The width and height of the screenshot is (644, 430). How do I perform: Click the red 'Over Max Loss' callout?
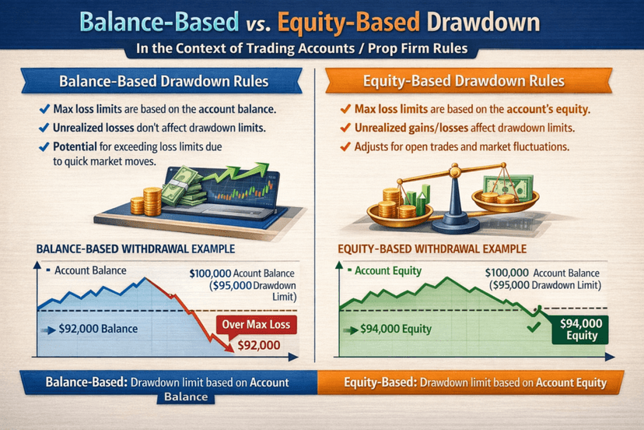(x=256, y=325)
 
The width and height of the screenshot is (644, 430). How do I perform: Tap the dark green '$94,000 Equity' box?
(x=580, y=330)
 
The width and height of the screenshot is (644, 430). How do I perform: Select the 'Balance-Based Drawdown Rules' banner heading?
(x=163, y=81)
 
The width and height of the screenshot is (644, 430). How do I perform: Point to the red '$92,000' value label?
(x=259, y=345)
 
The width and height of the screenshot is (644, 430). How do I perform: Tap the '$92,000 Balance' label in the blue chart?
(x=98, y=329)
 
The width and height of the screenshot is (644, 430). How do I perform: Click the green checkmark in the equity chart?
(x=534, y=327)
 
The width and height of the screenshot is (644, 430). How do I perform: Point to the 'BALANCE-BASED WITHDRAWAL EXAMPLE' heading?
(x=135, y=249)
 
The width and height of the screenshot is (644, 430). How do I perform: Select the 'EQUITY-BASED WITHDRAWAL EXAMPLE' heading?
(x=432, y=249)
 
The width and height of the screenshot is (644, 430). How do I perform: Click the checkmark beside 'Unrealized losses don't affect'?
(x=44, y=128)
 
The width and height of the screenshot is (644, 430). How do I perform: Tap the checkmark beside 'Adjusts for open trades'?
(x=345, y=146)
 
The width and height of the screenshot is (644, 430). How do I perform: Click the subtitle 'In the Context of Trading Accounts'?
(x=246, y=48)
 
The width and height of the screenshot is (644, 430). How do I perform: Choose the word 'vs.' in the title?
(x=258, y=25)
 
